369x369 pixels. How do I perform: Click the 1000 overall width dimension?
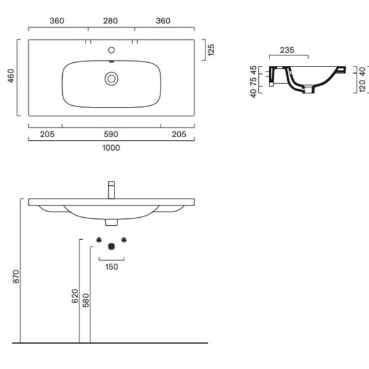click(x=111, y=148)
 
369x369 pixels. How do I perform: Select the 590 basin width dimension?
click(x=111, y=134)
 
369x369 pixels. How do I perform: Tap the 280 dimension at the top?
click(x=110, y=21)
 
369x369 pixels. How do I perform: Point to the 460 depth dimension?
click(x=11, y=76)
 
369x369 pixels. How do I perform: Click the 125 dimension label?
click(x=211, y=50)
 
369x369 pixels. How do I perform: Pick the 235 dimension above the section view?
click(x=287, y=50)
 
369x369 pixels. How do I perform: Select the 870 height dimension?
click(x=16, y=277)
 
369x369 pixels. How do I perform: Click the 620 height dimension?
click(x=75, y=296)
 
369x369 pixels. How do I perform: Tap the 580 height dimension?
click(x=86, y=300)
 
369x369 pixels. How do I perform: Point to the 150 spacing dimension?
click(x=111, y=267)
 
